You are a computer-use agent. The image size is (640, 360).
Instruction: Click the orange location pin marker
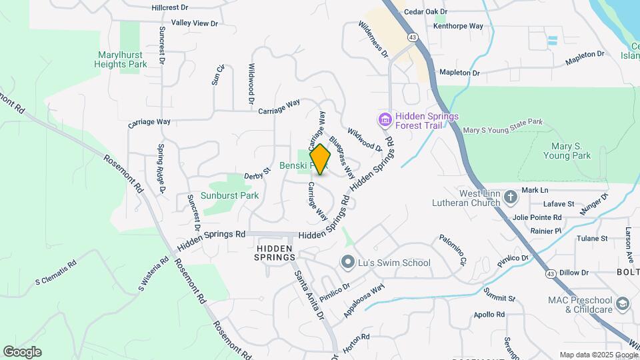321,159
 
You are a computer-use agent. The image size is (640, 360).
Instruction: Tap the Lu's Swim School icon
347,263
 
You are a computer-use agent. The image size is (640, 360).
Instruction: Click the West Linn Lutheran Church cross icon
510,197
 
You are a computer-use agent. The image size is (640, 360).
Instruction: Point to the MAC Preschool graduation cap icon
623,303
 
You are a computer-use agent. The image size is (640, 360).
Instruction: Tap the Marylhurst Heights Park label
122,59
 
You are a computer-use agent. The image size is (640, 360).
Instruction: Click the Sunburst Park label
231,195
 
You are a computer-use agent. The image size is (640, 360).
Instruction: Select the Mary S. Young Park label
571,151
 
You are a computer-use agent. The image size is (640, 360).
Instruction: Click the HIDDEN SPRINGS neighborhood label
275,252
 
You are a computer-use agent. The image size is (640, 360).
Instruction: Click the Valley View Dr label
195,23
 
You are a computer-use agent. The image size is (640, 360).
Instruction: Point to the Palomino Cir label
451,249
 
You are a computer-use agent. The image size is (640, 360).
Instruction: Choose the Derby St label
257,174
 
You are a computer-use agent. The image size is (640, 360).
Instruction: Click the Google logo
22,351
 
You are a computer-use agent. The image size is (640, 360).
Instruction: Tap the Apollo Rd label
489,314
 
